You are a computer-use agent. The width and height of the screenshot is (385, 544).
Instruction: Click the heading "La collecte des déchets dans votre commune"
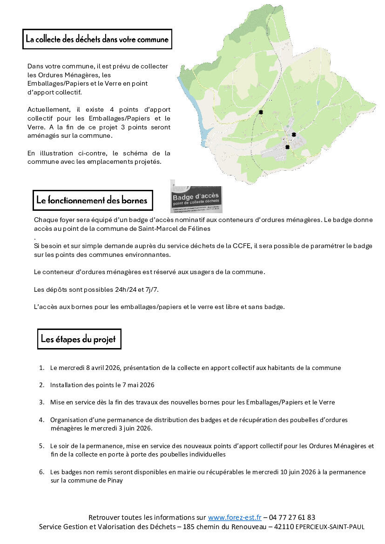pyautogui.click(x=97, y=40)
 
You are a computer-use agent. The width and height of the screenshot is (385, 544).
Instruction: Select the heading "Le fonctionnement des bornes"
pyautogui.click(x=92, y=201)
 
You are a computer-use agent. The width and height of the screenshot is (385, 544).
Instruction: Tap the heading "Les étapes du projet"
pyautogui.click(x=79, y=339)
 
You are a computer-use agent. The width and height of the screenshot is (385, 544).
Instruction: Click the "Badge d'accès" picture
pyautogui.click(x=196, y=197)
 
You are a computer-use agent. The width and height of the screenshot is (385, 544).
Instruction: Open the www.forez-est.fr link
pyautogui.click(x=235, y=517)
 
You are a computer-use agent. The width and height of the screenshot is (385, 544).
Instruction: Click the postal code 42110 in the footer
pyautogui.click(x=284, y=527)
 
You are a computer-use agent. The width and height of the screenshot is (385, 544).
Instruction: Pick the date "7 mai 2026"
pyautogui.click(x=136, y=385)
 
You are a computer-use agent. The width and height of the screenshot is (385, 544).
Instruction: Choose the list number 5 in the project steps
pyautogui.click(x=41, y=446)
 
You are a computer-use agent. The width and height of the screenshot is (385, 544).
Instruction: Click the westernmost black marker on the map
pyautogui.click(x=261, y=112)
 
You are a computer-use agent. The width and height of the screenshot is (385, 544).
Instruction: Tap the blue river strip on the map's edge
pyautogui.click(x=195, y=111)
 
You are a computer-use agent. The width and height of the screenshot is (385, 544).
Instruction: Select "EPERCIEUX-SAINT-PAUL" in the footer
pyautogui.click(x=330, y=527)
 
